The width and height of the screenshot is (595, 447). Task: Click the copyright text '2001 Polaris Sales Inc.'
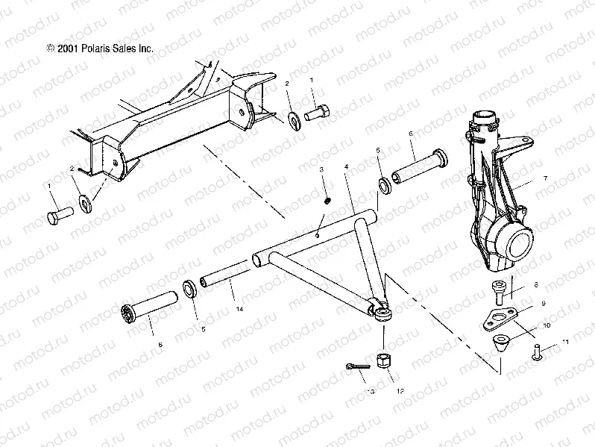[100, 47]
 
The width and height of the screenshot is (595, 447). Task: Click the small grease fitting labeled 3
[326, 199]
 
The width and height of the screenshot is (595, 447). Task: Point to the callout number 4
[346, 168]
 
